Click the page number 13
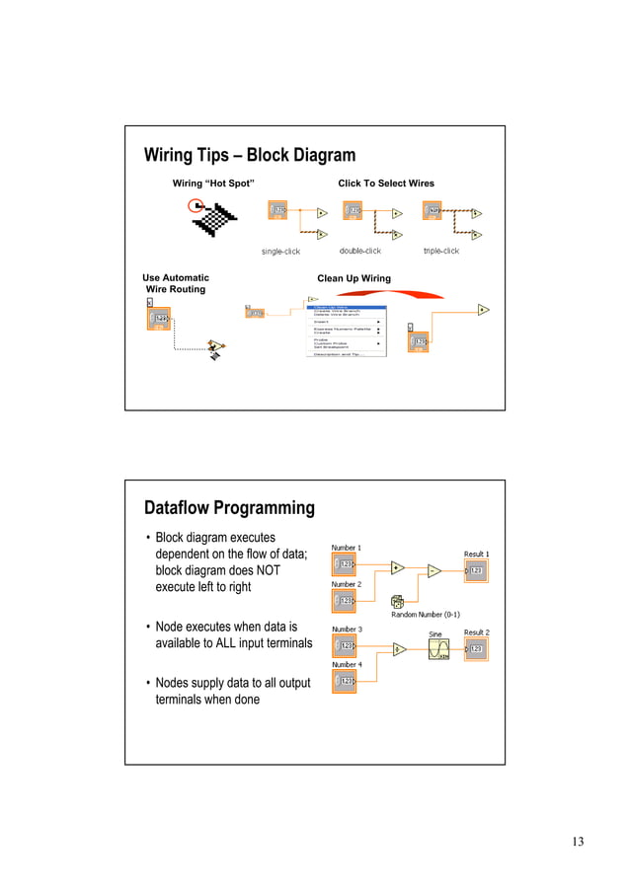577,842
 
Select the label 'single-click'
280,252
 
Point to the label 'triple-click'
440,251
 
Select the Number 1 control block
345,564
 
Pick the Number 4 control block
345,682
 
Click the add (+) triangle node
397,567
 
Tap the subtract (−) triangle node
433,570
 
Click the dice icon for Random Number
397,601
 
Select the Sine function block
438,648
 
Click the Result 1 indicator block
475,570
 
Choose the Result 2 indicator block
475,648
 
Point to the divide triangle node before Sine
398,649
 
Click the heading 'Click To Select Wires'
385,184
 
